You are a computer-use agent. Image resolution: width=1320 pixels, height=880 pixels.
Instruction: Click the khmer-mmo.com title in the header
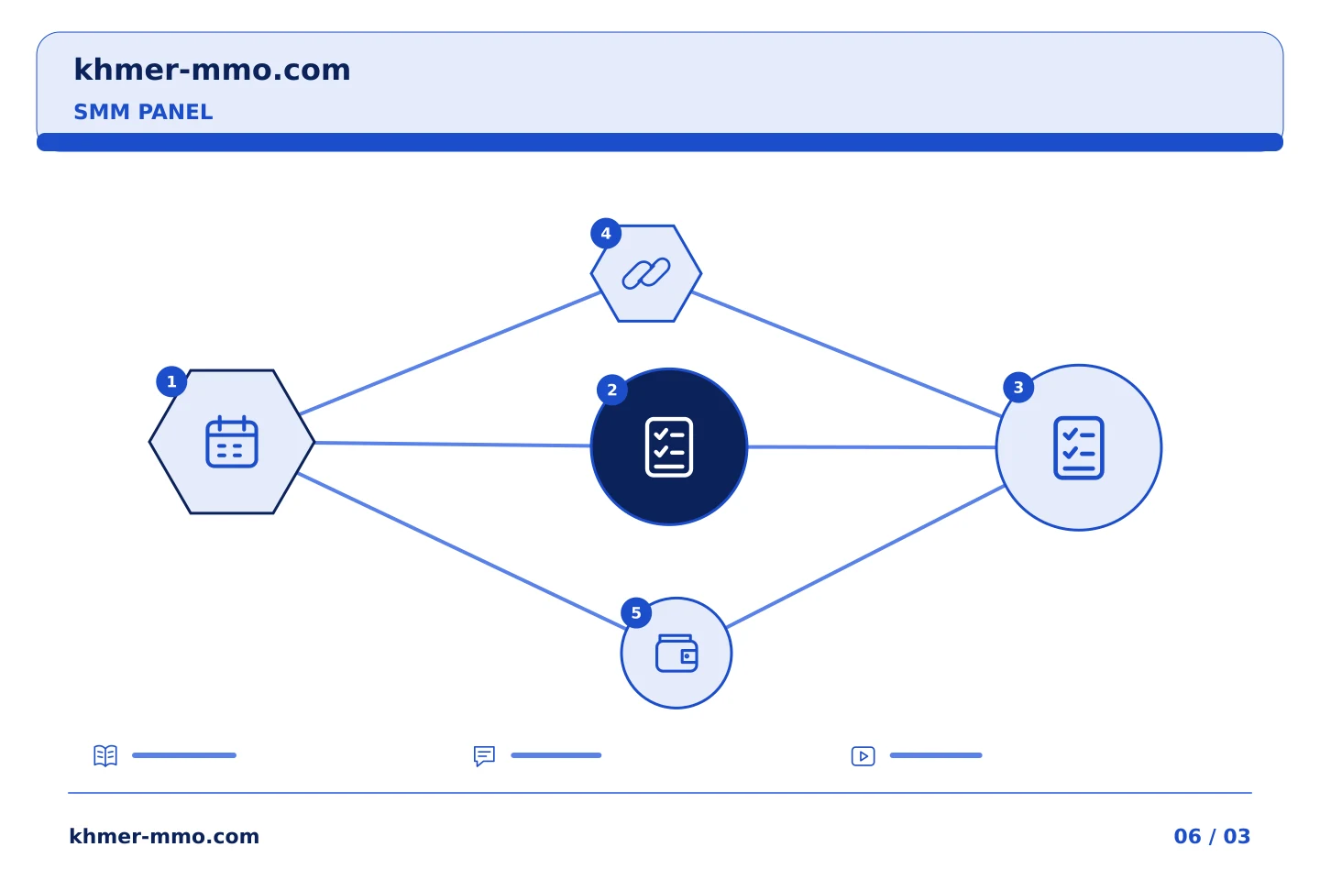212,70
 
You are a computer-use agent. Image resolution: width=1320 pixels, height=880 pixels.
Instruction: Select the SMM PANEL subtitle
143,112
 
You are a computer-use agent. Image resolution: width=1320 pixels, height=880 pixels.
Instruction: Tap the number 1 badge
171,382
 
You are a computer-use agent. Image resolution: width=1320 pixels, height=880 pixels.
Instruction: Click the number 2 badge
612,390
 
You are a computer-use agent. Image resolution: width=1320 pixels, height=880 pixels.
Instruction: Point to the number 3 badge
1018,387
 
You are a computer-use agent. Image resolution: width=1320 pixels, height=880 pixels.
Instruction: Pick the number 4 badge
606,234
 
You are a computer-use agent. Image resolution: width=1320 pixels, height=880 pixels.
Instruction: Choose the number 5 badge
636,613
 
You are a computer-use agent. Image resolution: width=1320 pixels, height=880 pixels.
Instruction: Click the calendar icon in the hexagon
232,442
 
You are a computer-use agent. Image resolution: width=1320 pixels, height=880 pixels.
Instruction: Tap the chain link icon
646,273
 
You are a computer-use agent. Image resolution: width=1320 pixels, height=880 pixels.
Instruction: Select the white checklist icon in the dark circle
669,446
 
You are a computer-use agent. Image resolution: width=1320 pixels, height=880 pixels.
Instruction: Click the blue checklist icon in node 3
1078,448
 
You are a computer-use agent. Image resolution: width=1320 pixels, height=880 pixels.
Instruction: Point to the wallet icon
676,653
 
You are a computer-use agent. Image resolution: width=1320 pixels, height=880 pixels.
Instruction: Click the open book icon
105,755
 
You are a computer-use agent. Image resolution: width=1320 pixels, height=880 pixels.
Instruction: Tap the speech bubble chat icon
484,755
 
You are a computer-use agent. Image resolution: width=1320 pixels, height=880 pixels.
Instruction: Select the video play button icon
863,756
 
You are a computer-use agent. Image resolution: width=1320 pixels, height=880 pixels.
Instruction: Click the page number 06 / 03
1212,836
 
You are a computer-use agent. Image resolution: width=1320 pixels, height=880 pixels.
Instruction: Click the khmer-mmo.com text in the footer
164,836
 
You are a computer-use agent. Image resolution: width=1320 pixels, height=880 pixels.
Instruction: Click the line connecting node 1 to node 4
450,353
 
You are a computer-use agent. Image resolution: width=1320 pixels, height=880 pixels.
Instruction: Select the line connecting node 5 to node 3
865,556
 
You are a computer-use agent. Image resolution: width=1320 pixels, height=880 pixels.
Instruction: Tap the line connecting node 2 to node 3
872,447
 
